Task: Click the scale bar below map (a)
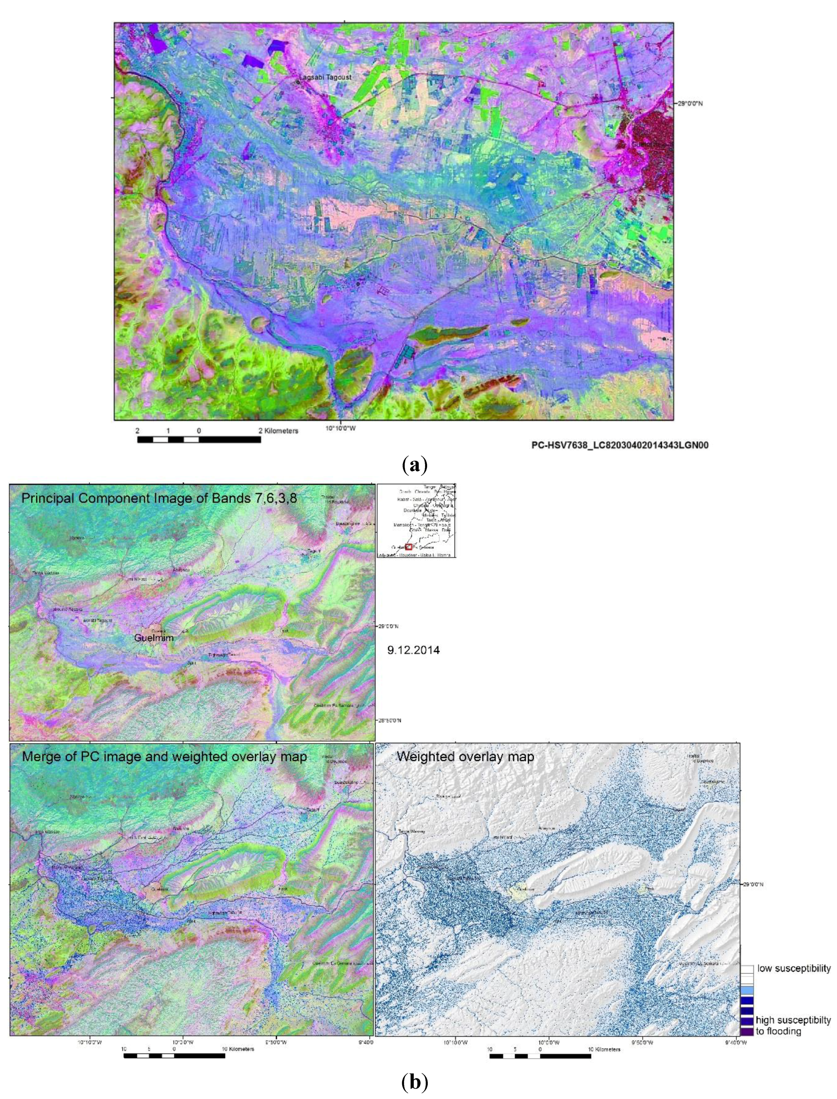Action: click(x=199, y=439)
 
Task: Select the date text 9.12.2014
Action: click(x=413, y=650)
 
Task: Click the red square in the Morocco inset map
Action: click(x=409, y=547)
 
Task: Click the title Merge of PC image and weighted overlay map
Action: click(x=164, y=756)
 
